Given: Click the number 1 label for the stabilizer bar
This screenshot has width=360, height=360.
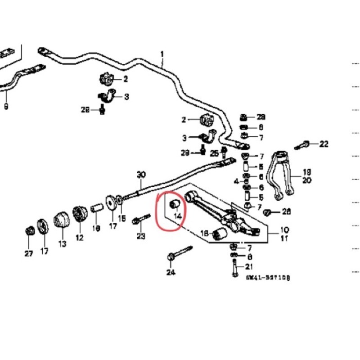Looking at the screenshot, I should (162, 54).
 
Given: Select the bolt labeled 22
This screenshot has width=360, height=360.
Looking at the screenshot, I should (303, 146).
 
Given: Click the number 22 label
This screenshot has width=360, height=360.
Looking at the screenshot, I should (324, 144).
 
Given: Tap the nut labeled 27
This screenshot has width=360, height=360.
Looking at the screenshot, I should (29, 231).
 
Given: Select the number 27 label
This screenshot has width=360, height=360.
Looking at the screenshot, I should (29, 254).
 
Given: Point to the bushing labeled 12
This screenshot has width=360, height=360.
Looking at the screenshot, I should (80, 214).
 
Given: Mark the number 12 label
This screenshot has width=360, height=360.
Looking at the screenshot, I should (80, 238).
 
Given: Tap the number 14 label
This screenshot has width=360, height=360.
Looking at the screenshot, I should (177, 216).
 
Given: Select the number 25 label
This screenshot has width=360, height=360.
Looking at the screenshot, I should (214, 153).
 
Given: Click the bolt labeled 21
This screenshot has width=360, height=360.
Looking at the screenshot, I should (234, 269).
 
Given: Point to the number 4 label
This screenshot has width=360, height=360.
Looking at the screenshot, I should (235, 181).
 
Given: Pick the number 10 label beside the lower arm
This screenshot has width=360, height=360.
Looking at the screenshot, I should (285, 229).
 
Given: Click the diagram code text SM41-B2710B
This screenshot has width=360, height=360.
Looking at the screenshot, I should (268, 278).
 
